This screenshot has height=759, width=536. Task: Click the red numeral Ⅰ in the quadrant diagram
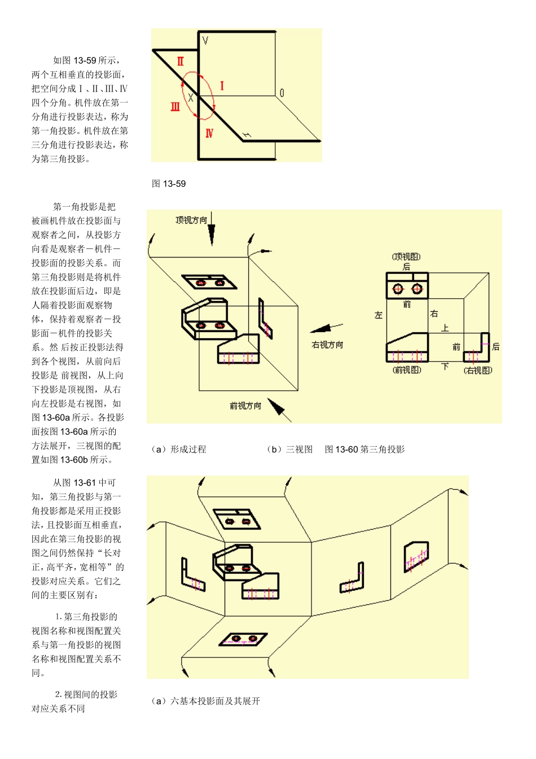pyautogui.click(x=222, y=86)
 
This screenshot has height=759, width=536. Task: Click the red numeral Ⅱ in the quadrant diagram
pyautogui.click(x=180, y=61)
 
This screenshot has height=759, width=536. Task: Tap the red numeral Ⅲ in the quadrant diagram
pyautogui.click(x=175, y=106)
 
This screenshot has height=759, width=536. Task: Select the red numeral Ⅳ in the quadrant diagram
pyautogui.click(x=209, y=133)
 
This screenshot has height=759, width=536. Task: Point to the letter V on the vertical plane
pyautogui.click(x=205, y=41)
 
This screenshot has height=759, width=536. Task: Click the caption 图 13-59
pyautogui.click(x=169, y=184)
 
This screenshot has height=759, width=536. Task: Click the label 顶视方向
pyautogui.click(x=191, y=220)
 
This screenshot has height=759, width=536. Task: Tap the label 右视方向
pyautogui.click(x=327, y=344)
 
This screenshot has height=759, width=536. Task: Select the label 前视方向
pyautogui.click(x=245, y=405)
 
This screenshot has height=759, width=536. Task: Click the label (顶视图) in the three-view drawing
pyautogui.click(x=406, y=257)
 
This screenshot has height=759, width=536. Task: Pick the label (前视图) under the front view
pyautogui.click(x=407, y=370)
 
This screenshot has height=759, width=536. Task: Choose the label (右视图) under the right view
pyautogui.click(x=478, y=370)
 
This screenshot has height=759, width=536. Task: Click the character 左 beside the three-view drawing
pyautogui.click(x=379, y=315)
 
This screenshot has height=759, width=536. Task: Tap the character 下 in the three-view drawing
pyautogui.click(x=445, y=367)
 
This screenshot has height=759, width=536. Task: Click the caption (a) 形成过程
pyautogui.click(x=179, y=450)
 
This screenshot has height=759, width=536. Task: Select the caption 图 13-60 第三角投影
pyautogui.click(x=364, y=450)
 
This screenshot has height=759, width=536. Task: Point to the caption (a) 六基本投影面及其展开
pyautogui.click(x=206, y=701)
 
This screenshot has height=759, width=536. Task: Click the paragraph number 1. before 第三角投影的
pyautogui.click(x=59, y=617)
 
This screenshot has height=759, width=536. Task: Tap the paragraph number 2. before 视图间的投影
pyautogui.click(x=59, y=695)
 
